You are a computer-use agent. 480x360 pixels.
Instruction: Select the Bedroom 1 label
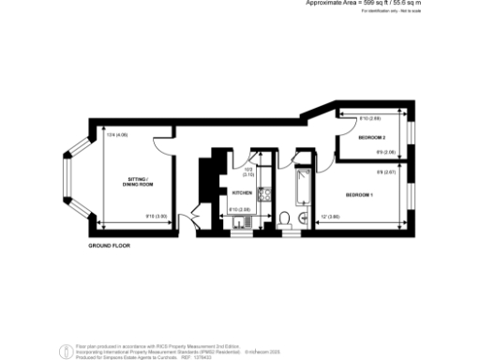point(359,194)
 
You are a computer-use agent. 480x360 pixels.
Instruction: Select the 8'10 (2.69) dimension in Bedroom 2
point(369,120)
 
